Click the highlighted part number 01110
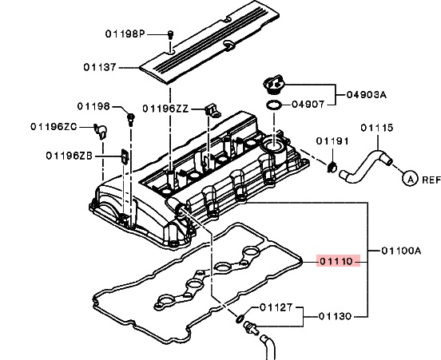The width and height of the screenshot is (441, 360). point(336,261)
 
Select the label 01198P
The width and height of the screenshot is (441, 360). point(125,34)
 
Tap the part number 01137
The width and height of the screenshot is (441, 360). point(100,67)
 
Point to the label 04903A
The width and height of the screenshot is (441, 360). point(367,94)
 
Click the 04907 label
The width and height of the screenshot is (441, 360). point(308,105)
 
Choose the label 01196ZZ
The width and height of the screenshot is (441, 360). point(165,109)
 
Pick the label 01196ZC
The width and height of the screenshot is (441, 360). point(54,127)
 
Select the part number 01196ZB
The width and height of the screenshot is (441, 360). point(70,156)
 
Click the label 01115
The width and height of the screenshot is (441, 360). point(377,128)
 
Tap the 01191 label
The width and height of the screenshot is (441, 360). point(332,141)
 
